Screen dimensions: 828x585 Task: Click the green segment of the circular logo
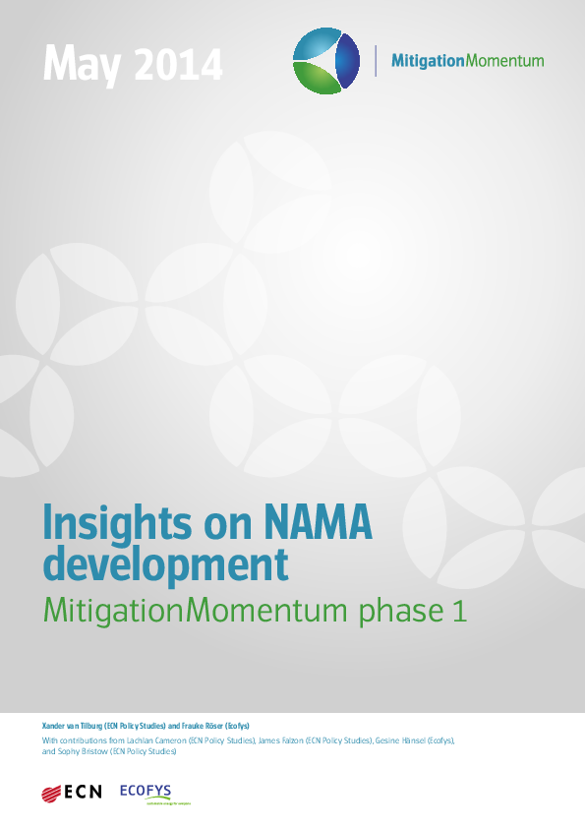(316, 79)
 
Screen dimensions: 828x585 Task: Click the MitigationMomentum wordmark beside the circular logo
(467, 60)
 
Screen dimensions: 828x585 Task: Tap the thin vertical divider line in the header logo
(376, 60)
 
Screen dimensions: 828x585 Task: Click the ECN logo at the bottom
(72, 792)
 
